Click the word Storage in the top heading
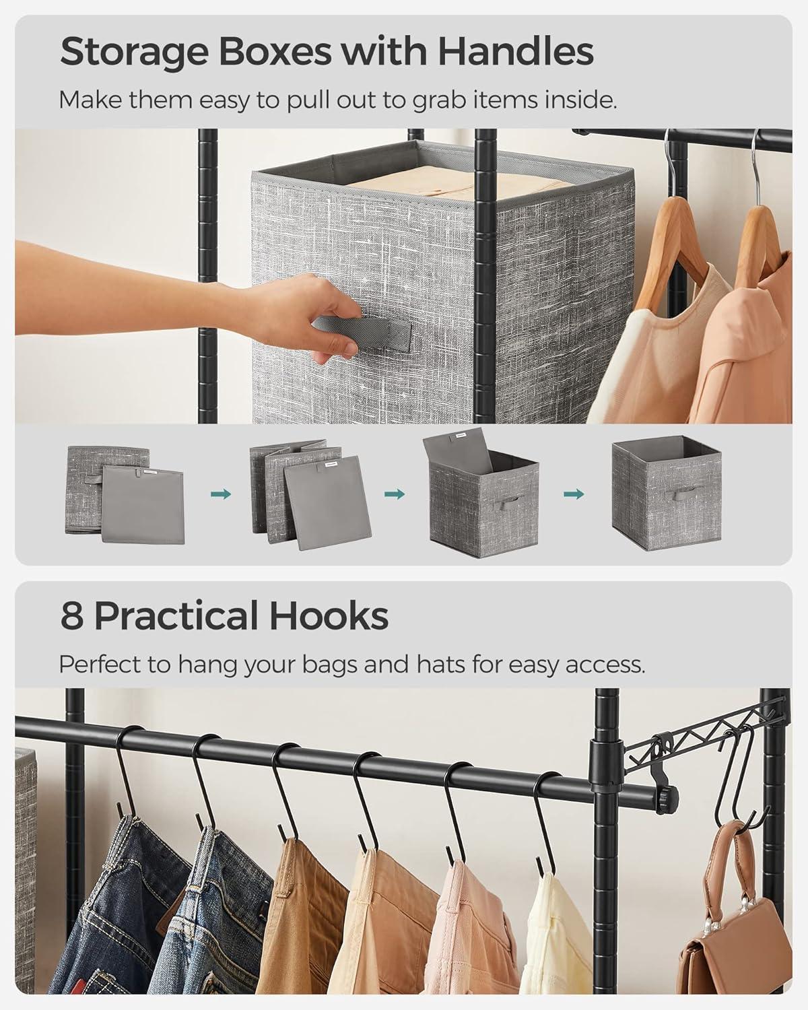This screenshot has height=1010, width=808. [x=134, y=52]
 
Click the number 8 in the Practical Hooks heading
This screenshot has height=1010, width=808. [x=72, y=615]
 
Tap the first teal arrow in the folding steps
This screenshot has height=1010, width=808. [x=221, y=494]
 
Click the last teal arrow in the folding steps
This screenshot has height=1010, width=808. [x=574, y=494]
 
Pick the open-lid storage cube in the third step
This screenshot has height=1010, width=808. [x=481, y=493]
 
